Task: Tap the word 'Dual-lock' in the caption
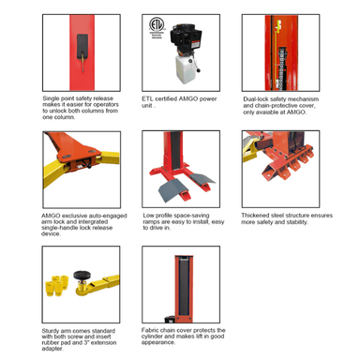259,96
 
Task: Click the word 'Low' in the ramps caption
147,213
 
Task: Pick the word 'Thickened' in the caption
260,213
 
